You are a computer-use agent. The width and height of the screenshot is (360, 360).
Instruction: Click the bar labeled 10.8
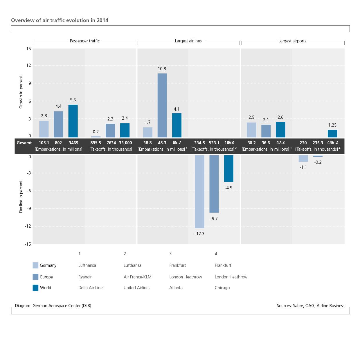pyautogui.click(x=162, y=105)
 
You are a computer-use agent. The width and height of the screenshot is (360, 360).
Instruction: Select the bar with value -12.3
pyautogui.click(x=199, y=191)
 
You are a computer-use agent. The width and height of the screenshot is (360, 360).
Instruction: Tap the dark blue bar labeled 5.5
pyautogui.click(x=73, y=121)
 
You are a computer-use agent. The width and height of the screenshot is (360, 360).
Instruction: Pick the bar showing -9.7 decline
pyautogui.click(x=214, y=184)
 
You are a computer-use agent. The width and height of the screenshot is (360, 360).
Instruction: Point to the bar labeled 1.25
pyautogui.click(x=332, y=134)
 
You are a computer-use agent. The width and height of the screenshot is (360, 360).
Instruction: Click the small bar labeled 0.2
pyautogui.click(x=96, y=136)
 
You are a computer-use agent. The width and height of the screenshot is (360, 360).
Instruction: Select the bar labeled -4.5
pyautogui.click(x=228, y=168)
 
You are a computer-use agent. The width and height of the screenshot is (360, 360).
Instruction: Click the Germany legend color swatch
pyautogui.click(x=35, y=265)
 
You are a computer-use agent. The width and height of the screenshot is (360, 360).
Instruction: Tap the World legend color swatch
pyautogui.click(x=35, y=288)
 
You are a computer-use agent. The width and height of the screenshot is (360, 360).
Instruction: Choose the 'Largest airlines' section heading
pyautogui.click(x=188, y=41)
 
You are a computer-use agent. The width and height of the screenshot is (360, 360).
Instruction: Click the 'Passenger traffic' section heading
pyautogui.click(x=84, y=41)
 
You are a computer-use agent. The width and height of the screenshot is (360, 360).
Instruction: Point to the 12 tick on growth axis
pyautogui.click(x=28, y=65)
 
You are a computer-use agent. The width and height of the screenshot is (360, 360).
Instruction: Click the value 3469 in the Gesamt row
pyautogui.click(x=73, y=143)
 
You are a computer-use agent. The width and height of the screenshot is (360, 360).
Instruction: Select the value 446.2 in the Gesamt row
pyautogui.click(x=332, y=143)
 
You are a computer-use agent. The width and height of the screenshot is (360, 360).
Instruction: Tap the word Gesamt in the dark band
pyautogui.click(x=24, y=143)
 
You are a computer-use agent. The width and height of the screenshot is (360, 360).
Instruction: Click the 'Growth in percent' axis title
pyautogui.click(x=21, y=92)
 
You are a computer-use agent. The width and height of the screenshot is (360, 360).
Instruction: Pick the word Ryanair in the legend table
pyautogui.click(x=85, y=277)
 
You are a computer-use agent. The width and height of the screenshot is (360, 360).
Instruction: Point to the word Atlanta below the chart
pyautogui.click(x=176, y=288)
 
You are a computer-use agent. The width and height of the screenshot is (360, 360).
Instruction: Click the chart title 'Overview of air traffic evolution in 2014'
pyautogui.click(x=60, y=20)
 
